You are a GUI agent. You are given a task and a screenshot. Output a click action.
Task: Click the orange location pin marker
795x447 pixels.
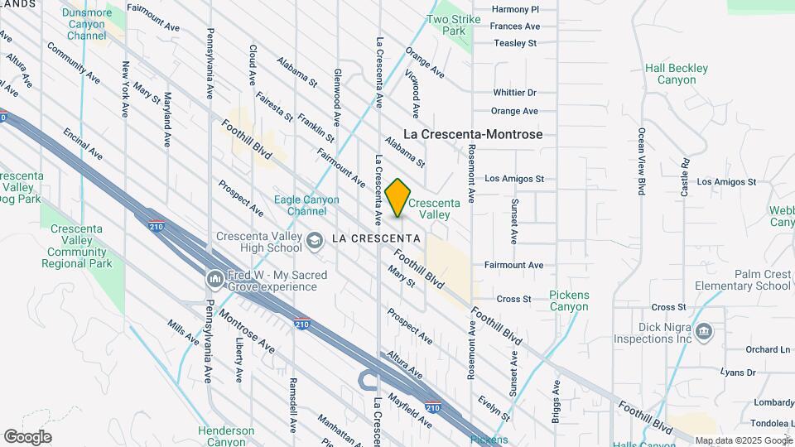point(398,198)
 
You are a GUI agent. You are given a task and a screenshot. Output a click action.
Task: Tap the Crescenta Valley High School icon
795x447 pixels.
point(314,241)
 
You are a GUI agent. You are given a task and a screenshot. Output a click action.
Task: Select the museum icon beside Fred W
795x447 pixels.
point(214,280)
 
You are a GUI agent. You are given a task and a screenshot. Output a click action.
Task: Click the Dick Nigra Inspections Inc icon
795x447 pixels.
point(703,332)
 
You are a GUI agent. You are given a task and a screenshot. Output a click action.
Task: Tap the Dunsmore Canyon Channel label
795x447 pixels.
point(87,24)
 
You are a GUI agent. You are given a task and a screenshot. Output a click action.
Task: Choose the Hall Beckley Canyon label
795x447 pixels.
point(677,74)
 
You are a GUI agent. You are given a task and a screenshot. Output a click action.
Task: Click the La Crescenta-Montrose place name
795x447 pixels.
point(473,134)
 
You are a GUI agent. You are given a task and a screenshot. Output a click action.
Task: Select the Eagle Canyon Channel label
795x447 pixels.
point(307,205)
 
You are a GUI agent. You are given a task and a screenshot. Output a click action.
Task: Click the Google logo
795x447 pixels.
point(27,436)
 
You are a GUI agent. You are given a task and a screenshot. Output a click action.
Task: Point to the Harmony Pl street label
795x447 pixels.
point(514,9)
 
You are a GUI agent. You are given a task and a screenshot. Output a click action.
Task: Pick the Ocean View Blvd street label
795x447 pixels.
point(642,156)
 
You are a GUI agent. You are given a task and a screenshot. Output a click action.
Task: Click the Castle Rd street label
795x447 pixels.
point(686,177)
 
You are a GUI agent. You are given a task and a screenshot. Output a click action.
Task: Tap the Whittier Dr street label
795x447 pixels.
point(514,93)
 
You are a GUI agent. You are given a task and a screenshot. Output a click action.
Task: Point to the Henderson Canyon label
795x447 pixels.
point(226,436)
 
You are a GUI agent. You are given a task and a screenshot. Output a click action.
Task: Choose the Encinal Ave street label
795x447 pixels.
point(82,142)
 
